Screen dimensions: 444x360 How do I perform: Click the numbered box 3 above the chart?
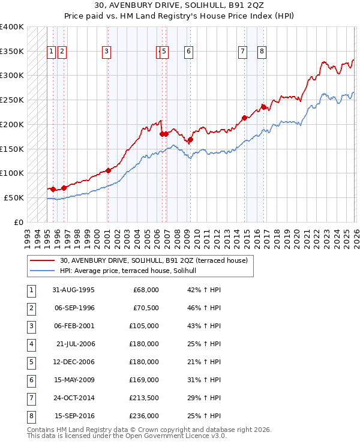click(x=106, y=52)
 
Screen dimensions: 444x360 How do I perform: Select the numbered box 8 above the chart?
click(x=262, y=52)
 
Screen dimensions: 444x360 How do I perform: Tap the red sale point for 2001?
click(x=108, y=170)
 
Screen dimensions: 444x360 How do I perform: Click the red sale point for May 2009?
click(x=190, y=140)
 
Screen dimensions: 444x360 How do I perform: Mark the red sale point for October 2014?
click(x=244, y=118)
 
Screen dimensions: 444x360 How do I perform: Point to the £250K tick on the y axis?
click(x=12, y=100)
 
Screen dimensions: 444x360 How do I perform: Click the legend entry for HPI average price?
click(x=132, y=271)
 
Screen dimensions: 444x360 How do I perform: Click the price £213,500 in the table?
click(x=143, y=397)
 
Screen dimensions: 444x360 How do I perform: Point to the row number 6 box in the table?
click(x=31, y=379)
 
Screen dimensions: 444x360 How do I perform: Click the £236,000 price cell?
click(x=143, y=415)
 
